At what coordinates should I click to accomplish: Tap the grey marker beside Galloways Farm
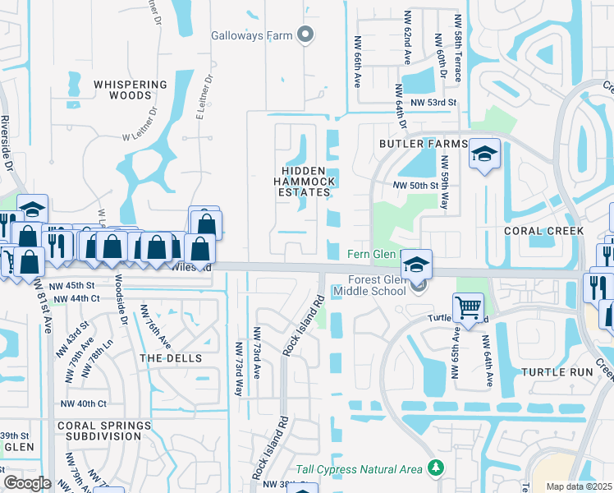[x=305, y=35]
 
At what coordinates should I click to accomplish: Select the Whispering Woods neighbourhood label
[x=130, y=90]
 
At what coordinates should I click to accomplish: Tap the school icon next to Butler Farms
[x=484, y=154]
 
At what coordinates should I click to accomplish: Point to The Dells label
[x=165, y=358]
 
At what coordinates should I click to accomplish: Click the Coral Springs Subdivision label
[x=104, y=431]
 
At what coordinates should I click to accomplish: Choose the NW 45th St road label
[x=72, y=285]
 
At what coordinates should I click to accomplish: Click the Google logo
[x=27, y=482]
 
